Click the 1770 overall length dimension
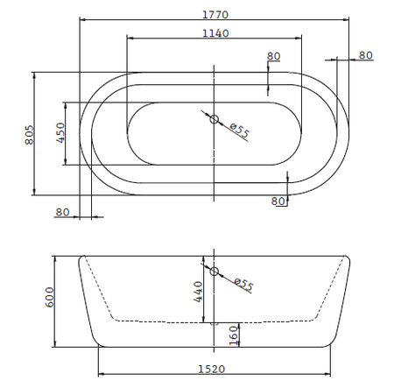[215, 15]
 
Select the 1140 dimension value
[215, 33]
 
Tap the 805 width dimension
[30, 135]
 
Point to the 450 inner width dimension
[60, 132]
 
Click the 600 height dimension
[50, 297]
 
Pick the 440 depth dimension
[199, 292]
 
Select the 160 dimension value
[234, 335]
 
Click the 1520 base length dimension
[212, 369]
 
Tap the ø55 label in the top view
[240, 131]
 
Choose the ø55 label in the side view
[243, 284]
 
